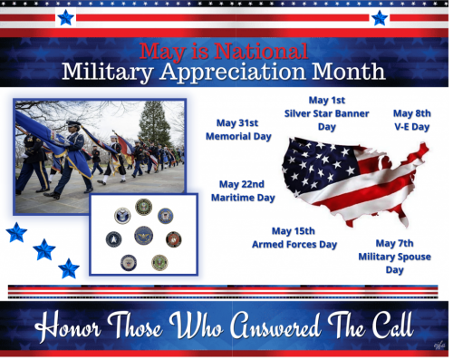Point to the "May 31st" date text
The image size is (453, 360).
click(x=237, y=123)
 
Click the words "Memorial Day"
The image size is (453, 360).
click(x=237, y=137)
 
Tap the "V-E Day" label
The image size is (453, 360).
click(x=410, y=127)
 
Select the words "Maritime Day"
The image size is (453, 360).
click(x=242, y=197)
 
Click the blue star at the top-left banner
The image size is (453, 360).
click(x=65, y=16)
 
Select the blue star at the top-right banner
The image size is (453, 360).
click(x=379, y=16)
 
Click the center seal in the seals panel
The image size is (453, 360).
click(x=143, y=235)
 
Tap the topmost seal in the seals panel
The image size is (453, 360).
click(x=143, y=207)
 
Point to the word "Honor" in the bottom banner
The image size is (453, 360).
click(x=79, y=325)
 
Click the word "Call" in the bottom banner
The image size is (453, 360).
click(x=385, y=325)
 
